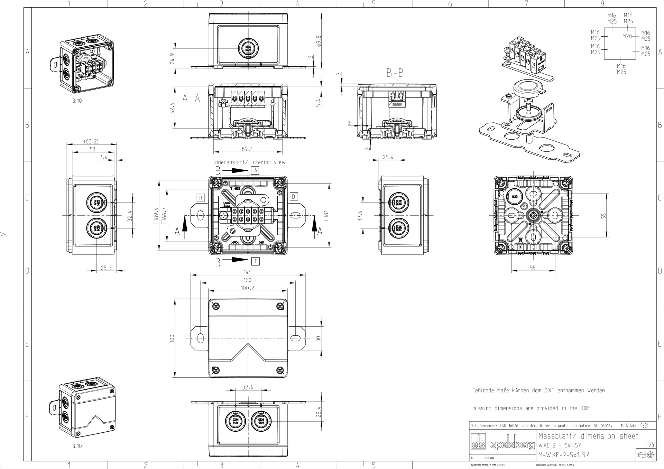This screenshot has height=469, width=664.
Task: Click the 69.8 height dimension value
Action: (x=319, y=41)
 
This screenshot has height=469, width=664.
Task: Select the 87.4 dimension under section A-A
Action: (x=247, y=149)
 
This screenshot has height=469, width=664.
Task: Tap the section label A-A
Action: (x=191, y=99)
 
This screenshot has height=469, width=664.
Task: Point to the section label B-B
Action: (x=395, y=73)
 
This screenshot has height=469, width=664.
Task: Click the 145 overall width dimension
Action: (x=247, y=272)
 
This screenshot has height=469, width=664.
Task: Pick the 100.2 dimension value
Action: (x=247, y=288)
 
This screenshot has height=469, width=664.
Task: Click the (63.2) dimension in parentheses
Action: (x=91, y=141)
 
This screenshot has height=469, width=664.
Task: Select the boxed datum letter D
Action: (x=293, y=197)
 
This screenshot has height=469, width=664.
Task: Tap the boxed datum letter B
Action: (x=201, y=198)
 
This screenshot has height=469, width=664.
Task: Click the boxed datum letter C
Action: (x=255, y=261)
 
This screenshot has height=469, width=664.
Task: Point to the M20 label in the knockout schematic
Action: (x=627, y=36)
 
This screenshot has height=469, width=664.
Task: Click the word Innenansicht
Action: (x=229, y=162)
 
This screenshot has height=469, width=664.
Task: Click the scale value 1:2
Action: (x=644, y=426)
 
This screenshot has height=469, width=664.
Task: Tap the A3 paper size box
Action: (x=651, y=445)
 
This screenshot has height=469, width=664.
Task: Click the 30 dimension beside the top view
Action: (x=319, y=338)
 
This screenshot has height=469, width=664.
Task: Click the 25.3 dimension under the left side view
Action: (x=106, y=268)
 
